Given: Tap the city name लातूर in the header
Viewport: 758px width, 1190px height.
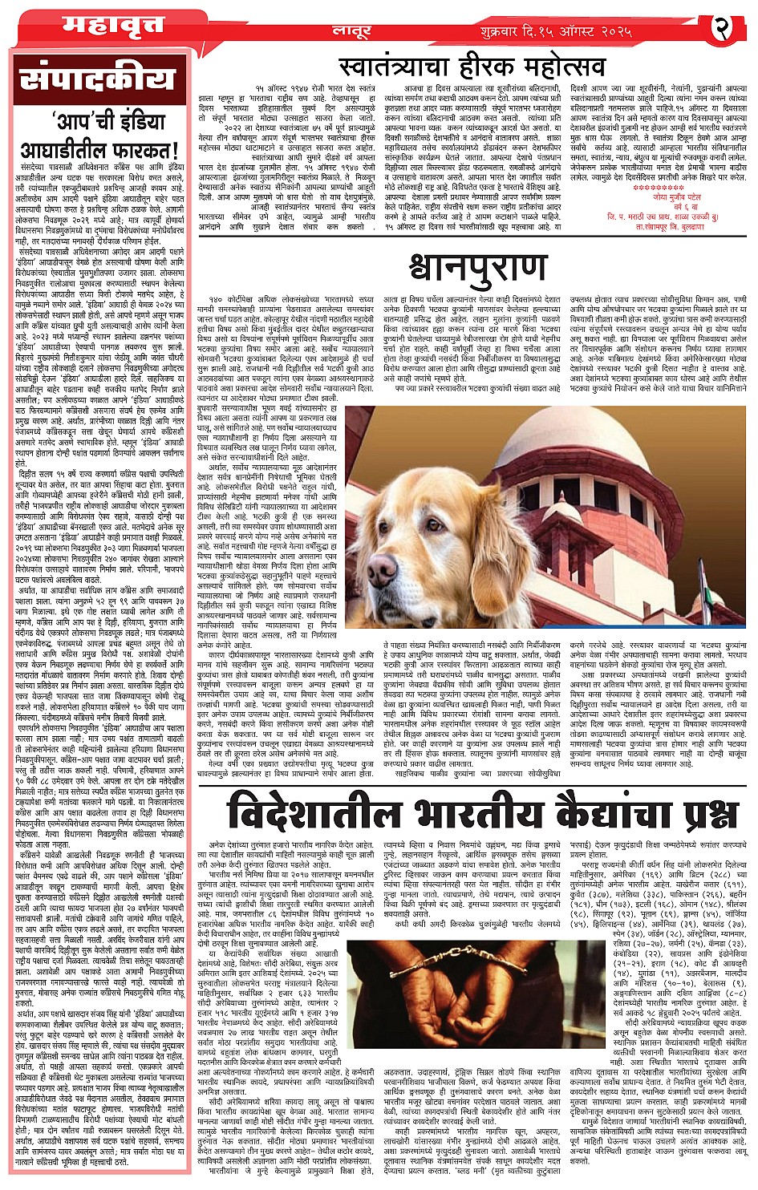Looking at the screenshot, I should [x=351, y=30].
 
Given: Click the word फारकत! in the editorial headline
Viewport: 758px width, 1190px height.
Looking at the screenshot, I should [x=148, y=150].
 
